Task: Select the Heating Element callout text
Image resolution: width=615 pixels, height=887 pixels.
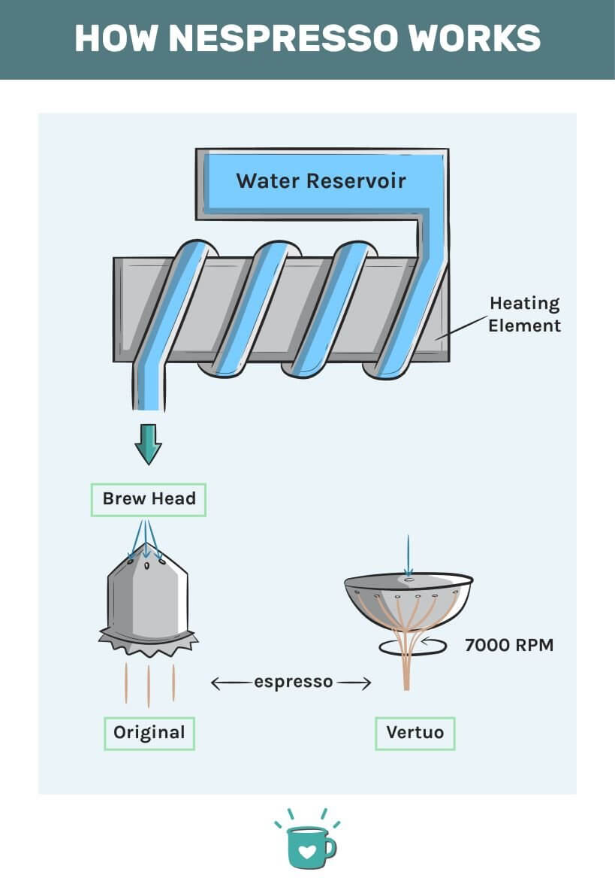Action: pos(525,314)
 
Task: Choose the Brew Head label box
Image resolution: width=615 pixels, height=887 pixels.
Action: pos(149,499)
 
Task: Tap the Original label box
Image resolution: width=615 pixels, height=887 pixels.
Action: pos(149,732)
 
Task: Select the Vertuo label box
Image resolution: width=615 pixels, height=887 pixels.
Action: pos(415,732)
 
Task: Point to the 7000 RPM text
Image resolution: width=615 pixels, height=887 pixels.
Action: pos(509,645)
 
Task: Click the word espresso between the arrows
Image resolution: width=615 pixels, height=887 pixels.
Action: pos(293,683)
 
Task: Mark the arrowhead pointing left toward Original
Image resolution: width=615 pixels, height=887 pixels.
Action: pos(216,683)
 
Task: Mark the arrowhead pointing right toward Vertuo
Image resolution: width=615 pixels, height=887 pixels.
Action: pos(367,683)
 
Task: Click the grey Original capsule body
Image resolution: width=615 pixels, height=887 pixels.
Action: pos(148,601)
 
